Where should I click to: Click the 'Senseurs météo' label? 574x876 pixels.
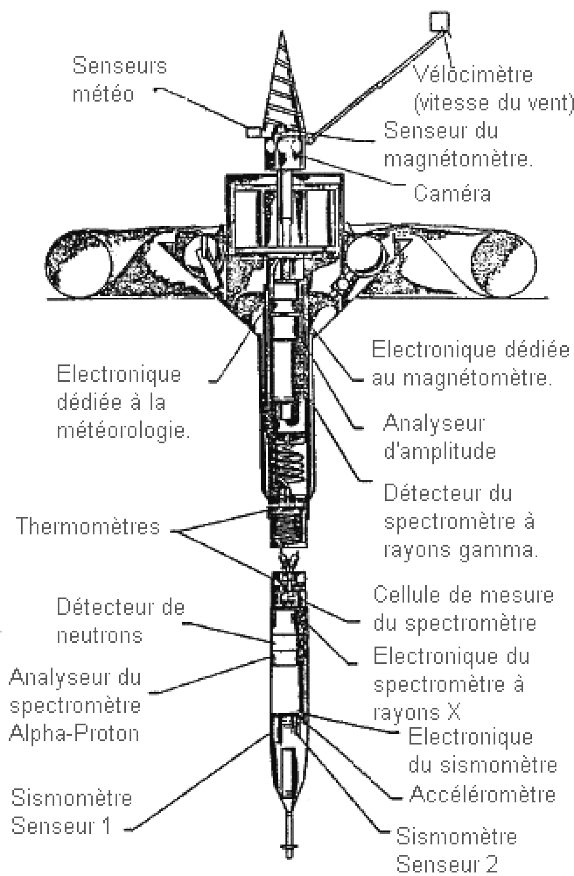coord(120,80)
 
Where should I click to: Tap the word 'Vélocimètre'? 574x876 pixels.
coord(473,75)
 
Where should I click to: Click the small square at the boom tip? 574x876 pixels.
coord(439,22)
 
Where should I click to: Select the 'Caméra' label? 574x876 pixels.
coord(452,193)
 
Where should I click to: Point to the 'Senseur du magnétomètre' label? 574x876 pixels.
coord(458,145)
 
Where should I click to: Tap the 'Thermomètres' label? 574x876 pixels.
coord(88,526)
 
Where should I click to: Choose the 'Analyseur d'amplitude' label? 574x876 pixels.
coord(440,437)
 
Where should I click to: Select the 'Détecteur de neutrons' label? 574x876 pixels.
coord(121,621)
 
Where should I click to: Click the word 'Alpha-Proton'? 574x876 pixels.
coord(74,733)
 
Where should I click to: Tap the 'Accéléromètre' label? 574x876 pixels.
coord(482,795)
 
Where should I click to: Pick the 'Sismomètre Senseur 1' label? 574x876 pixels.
coord(71,812)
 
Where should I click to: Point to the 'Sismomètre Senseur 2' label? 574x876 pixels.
coord(457,851)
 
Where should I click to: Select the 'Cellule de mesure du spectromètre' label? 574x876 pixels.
coord(463,609)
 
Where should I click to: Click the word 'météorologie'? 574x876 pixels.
coord(123,431)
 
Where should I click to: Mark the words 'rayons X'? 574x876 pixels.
coord(417,712)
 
